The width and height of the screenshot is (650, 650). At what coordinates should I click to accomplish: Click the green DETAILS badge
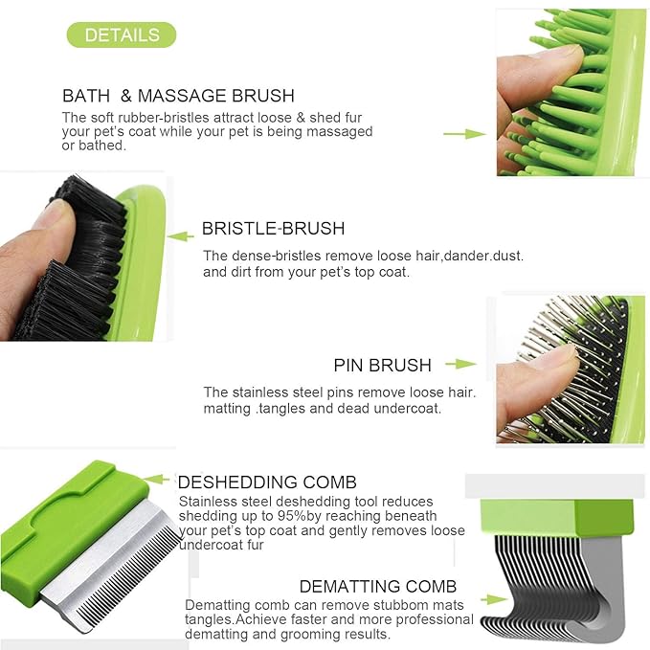point(122,35)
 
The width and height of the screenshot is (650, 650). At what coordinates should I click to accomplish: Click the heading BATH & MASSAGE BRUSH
point(178,96)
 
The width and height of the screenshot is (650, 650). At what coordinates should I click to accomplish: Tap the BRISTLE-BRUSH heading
point(273,229)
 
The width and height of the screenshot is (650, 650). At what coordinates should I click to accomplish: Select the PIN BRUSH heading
point(382,365)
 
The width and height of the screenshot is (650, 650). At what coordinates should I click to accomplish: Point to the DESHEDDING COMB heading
point(267,482)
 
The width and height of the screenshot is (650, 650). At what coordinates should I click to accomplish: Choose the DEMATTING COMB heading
point(377,586)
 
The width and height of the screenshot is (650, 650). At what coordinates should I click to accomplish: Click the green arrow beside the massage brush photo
point(463,134)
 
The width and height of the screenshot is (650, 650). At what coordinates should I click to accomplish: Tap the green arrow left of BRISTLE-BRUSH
point(181,235)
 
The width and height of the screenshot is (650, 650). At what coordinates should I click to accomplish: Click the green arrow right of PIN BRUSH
point(460,364)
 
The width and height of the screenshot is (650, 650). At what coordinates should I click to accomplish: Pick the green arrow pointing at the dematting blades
point(495,599)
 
